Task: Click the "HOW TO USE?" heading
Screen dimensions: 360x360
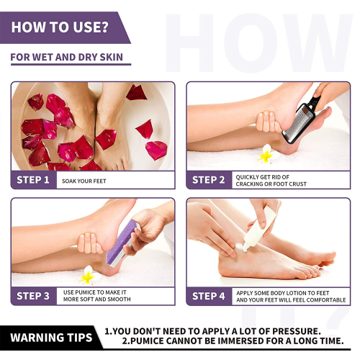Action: coord(60,27)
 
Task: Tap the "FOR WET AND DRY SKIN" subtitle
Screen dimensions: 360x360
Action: coord(67,58)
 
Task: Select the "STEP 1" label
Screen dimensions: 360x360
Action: coord(33,180)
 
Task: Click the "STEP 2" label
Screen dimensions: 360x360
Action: coord(208,180)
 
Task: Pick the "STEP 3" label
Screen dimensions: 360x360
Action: coord(33,296)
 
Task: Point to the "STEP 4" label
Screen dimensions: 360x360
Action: coord(208,296)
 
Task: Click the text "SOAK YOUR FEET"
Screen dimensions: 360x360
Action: coord(84,181)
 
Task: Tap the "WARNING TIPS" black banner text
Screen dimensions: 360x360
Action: coord(51,338)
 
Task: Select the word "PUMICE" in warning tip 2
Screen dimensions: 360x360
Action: coord(146,341)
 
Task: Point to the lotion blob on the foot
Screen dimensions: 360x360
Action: coord(240,246)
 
